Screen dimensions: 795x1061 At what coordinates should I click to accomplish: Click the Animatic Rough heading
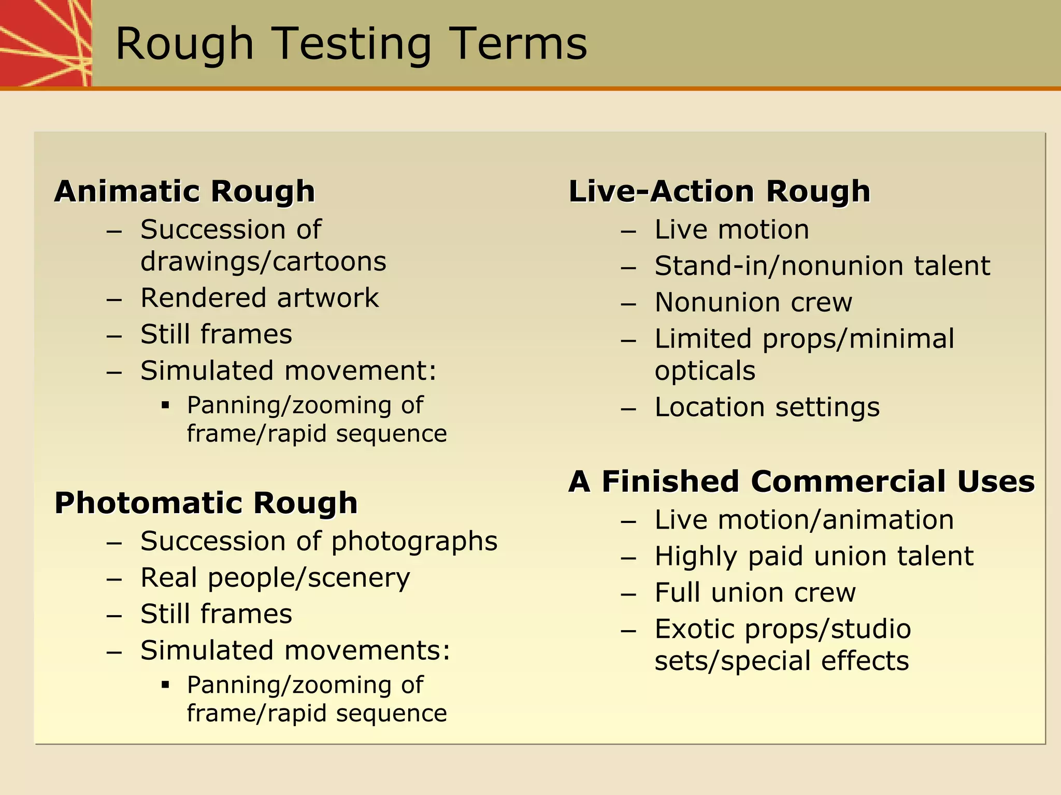point(185,191)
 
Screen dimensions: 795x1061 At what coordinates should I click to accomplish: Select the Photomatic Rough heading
point(206,503)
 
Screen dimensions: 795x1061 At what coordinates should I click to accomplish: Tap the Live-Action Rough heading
point(720,191)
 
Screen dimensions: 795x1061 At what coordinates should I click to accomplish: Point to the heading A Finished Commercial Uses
point(801,481)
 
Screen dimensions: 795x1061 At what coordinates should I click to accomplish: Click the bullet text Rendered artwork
point(260,298)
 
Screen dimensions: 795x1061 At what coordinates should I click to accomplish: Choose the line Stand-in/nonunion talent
point(822,266)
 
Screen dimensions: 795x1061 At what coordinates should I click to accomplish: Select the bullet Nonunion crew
point(753,302)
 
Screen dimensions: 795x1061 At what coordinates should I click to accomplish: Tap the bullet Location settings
point(767,407)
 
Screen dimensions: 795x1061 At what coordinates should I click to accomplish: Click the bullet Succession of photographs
point(319,542)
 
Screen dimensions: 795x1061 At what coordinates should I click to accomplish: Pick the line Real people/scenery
point(275,578)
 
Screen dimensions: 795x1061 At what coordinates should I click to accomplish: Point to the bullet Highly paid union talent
point(814,556)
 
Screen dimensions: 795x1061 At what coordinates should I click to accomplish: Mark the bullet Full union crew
point(755,593)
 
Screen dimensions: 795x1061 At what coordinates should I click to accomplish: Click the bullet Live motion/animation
point(804,520)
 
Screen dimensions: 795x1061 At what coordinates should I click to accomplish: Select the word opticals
point(705,371)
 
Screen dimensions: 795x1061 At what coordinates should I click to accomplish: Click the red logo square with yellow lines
point(46,43)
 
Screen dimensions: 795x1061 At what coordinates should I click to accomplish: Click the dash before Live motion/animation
point(628,521)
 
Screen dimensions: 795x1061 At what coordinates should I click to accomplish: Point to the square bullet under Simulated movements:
point(165,685)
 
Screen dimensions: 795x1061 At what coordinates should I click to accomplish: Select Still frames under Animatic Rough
point(216,334)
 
